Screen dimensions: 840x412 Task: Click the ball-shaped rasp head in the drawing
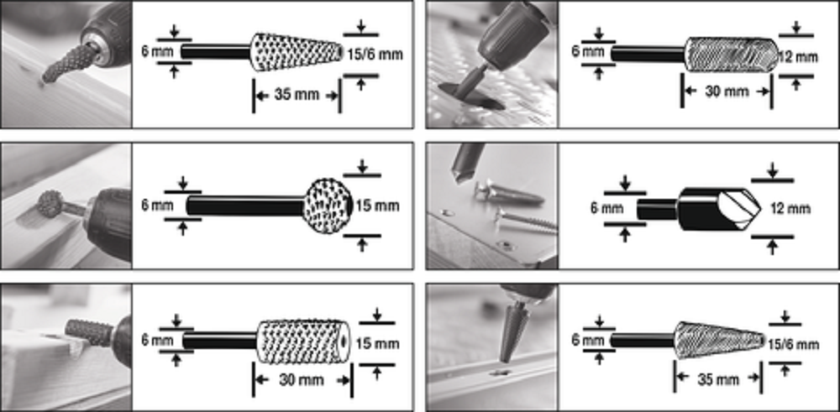click(x=327, y=205)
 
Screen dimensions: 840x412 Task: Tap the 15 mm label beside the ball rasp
click(x=378, y=206)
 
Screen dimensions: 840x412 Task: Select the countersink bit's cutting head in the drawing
click(x=719, y=209)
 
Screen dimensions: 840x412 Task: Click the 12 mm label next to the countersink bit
click(x=789, y=208)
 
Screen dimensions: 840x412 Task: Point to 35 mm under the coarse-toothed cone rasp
click(x=297, y=96)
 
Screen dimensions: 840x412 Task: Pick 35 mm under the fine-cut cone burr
click(x=718, y=378)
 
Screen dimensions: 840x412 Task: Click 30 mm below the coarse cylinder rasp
click(x=302, y=380)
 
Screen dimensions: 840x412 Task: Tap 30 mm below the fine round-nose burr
click(x=727, y=91)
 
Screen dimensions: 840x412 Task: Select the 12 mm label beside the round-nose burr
click(x=798, y=57)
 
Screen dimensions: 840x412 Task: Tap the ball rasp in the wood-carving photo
click(x=50, y=205)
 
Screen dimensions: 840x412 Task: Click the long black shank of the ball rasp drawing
click(x=245, y=206)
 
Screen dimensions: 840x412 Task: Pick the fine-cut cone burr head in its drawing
click(x=718, y=340)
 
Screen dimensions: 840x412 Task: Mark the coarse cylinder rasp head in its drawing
click(x=303, y=341)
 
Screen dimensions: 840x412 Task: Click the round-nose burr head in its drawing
click(x=732, y=54)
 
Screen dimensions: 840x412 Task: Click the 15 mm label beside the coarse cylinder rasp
click(x=378, y=343)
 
